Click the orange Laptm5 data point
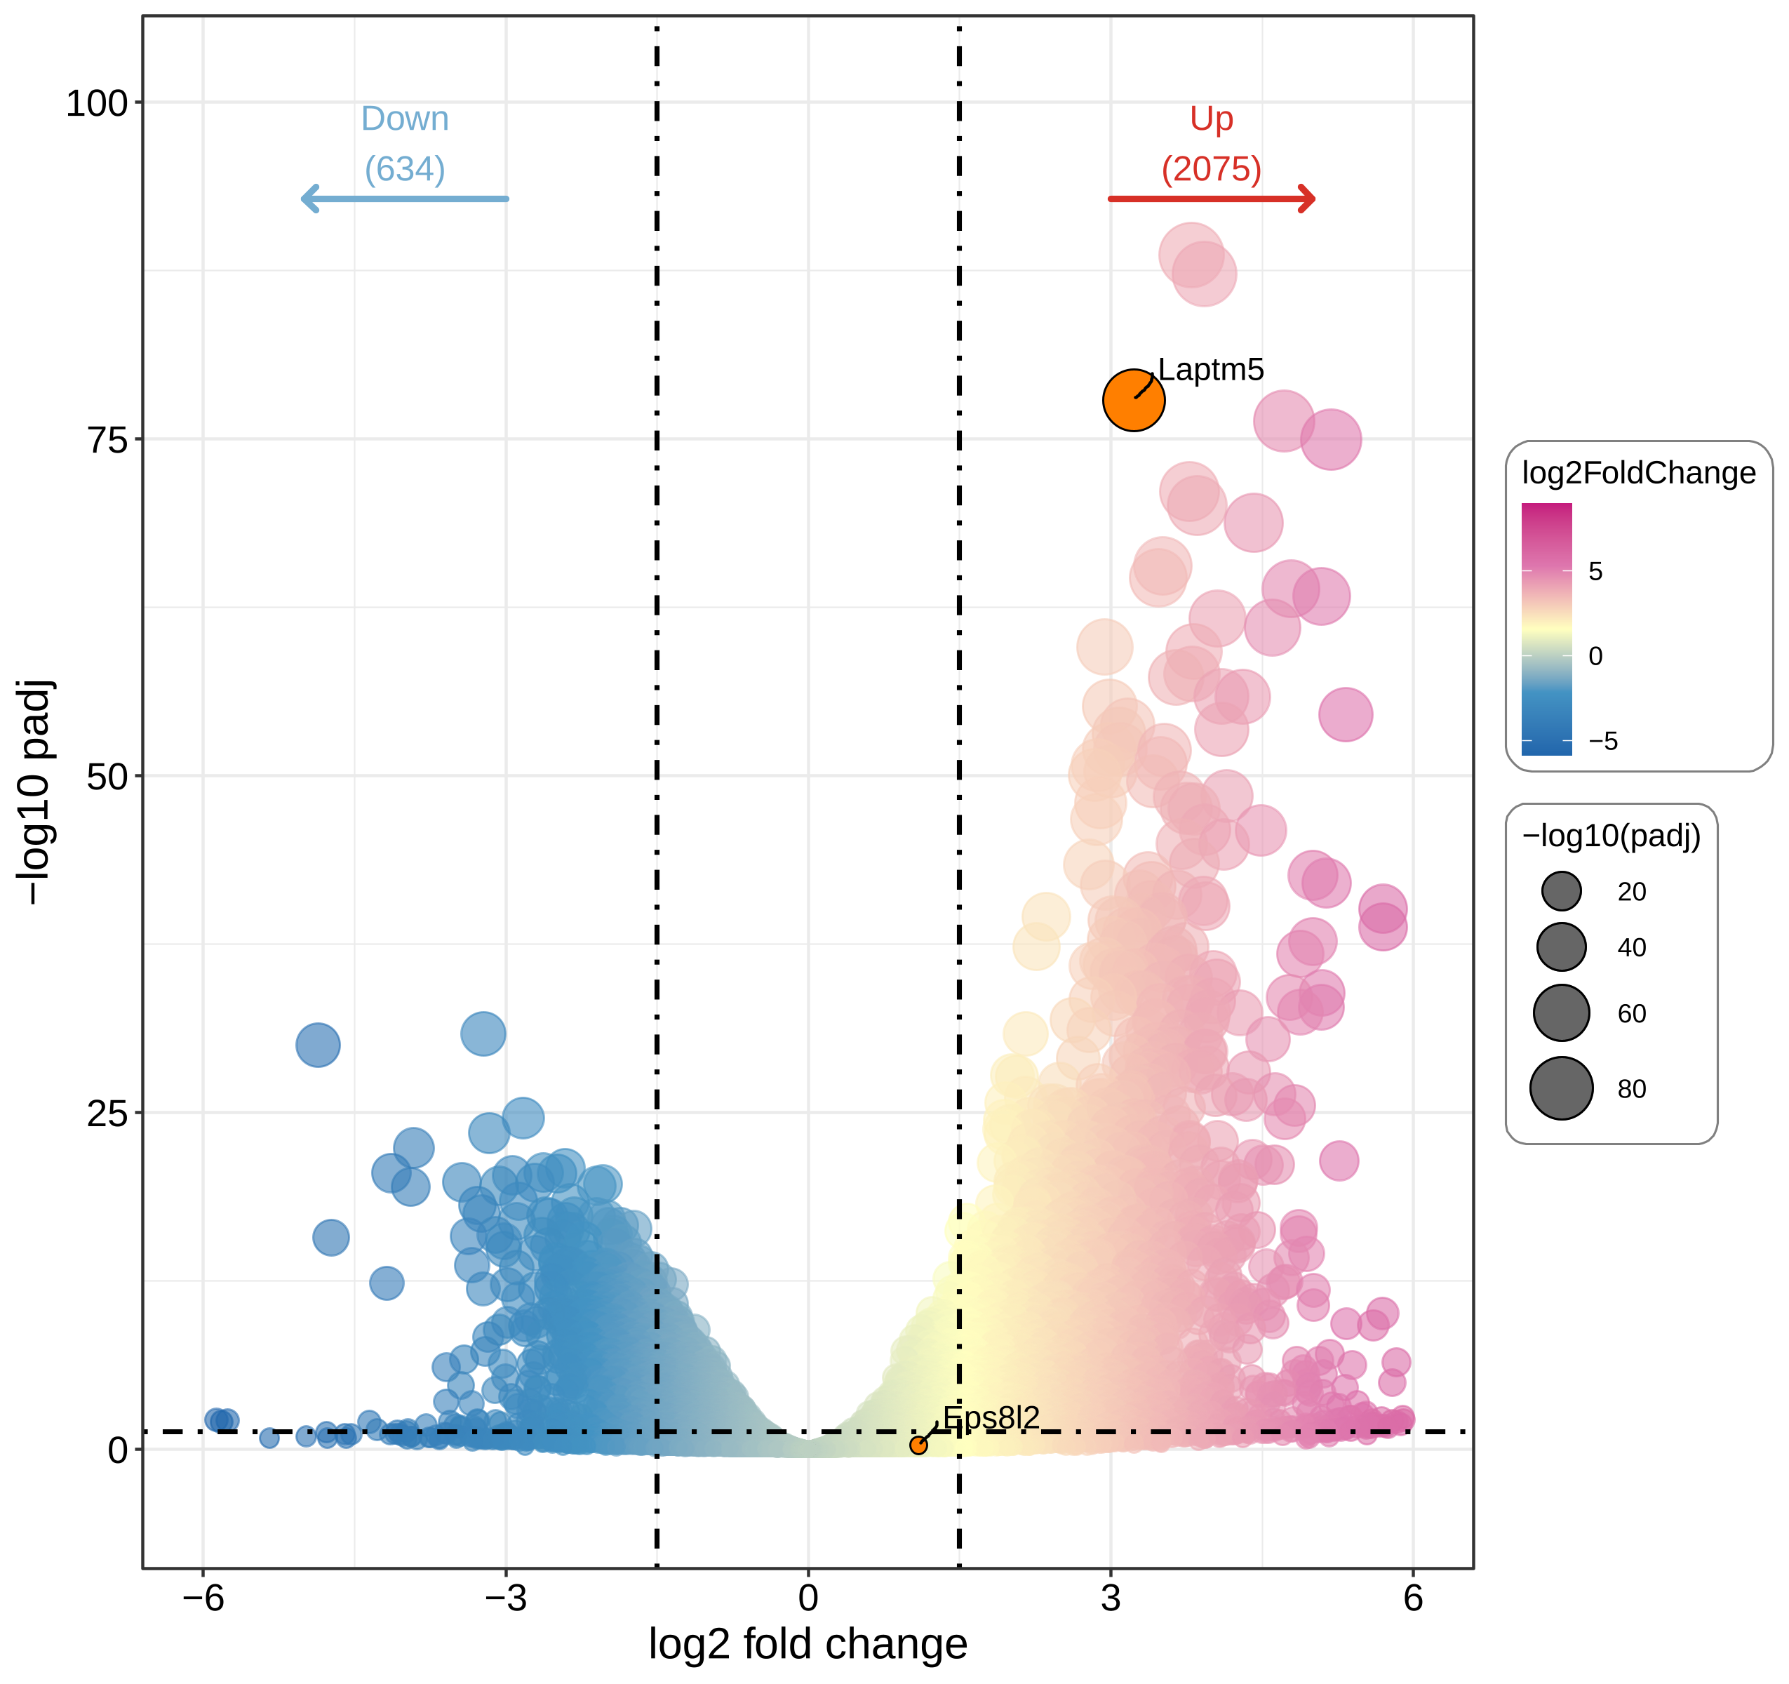(x=1133, y=400)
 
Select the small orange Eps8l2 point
(x=918, y=1445)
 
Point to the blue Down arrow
(x=404, y=198)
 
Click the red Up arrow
(x=1212, y=198)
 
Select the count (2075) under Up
(x=1212, y=168)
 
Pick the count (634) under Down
(x=404, y=168)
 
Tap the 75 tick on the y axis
(x=107, y=440)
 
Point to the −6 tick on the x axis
(x=203, y=1598)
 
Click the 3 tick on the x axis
(x=1111, y=1598)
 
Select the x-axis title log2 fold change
(x=808, y=1645)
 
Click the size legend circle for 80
(x=1561, y=1088)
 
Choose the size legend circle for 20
(x=1561, y=891)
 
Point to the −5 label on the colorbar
(x=1602, y=741)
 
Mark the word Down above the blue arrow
(x=404, y=119)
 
